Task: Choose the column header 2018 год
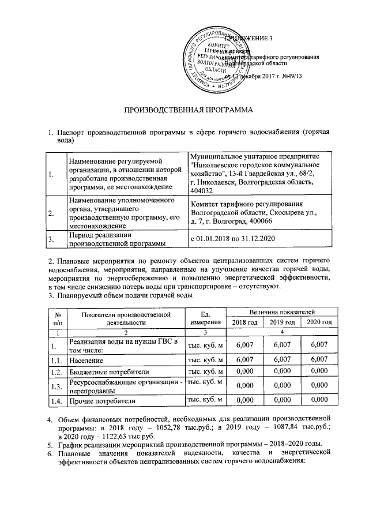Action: click(x=244, y=321)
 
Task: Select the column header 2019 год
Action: click(x=283, y=321)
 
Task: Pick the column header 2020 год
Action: click(x=319, y=321)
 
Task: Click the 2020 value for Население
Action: click(x=319, y=359)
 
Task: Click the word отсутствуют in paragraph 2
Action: click(x=261, y=286)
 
